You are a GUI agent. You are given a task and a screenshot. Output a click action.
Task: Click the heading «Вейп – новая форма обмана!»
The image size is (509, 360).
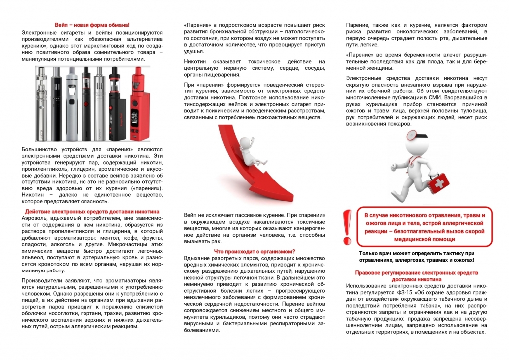point(92,25)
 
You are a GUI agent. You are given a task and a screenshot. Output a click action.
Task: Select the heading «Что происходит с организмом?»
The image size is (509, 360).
point(254,251)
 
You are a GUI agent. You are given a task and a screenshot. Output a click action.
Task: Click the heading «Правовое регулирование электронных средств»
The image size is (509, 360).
point(417,273)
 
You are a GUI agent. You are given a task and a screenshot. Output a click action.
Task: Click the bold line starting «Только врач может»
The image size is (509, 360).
point(417,253)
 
